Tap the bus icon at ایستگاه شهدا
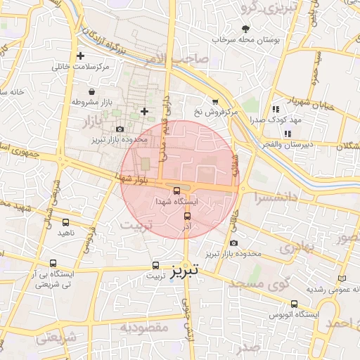point(176,190)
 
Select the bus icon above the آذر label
point(186,216)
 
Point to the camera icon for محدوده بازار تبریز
point(120,129)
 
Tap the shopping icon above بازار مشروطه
point(92,91)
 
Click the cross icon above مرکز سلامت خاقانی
point(81,56)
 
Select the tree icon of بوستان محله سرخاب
point(245,29)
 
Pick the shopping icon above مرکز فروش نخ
point(214,101)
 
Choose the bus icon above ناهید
point(65,221)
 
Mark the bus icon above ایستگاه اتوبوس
point(295,304)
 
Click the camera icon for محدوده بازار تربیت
point(233,243)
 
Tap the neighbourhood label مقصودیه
point(143,328)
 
